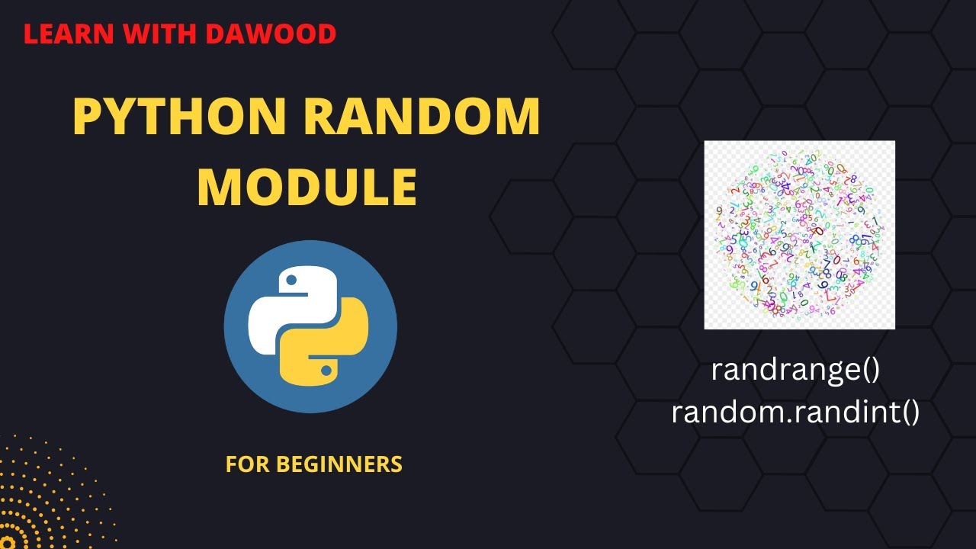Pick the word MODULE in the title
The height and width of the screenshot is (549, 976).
pos(307,188)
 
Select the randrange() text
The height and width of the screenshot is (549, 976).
pos(795,371)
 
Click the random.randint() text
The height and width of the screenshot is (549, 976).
pos(795,413)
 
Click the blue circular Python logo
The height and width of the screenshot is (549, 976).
pos(310,326)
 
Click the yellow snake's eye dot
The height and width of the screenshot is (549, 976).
pos(326,371)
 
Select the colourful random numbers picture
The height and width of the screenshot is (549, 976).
pos(799,235)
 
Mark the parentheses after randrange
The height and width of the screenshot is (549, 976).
pos(870,371)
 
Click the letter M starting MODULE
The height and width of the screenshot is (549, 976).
pos(217,188)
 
